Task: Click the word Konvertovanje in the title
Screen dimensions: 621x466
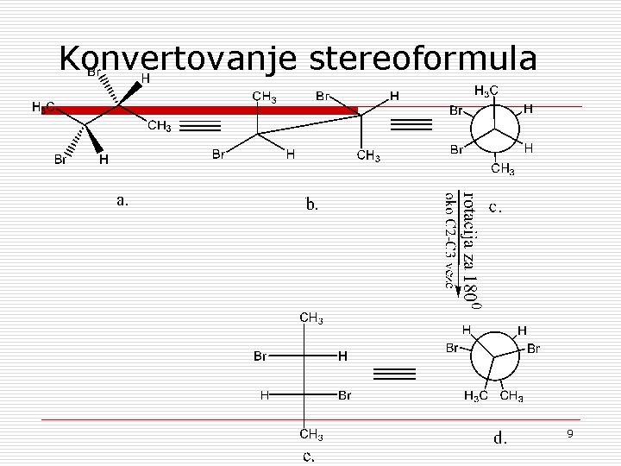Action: pyautogui.click(x=177, y=59)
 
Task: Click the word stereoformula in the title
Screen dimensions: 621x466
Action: pyautogui.click(x=422, y=59)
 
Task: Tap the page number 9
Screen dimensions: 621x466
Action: pyautogui.click(x=570, y=432)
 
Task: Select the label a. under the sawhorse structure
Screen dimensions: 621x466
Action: pyautogui.click(x=122, y=200)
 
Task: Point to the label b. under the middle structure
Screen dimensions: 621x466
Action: pyautogui.click(x=312, y=205)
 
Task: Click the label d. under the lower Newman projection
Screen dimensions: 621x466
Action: pyautogui.click(x=499, y=438)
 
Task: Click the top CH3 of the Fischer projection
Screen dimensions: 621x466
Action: pyautogui.click(x=311, y=319)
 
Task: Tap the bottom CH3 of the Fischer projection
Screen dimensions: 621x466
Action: pyautogui.click(x=311, y=433)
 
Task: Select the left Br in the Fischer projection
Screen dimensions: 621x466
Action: pyautogui.click(x=260, y=356)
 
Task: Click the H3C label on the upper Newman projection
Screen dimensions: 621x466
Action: pyautogui.click(x=486, y=90)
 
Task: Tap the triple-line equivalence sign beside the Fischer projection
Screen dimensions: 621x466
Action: pyautogui.click(x=395, y=373)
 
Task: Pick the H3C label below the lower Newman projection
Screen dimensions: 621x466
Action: pyautogui.click(x=475, y=397)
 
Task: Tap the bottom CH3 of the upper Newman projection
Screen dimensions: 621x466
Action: pyautogui.click(x=503, y=169)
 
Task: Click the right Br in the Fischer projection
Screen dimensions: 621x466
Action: pyautogui.click(x=344, y=395)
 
